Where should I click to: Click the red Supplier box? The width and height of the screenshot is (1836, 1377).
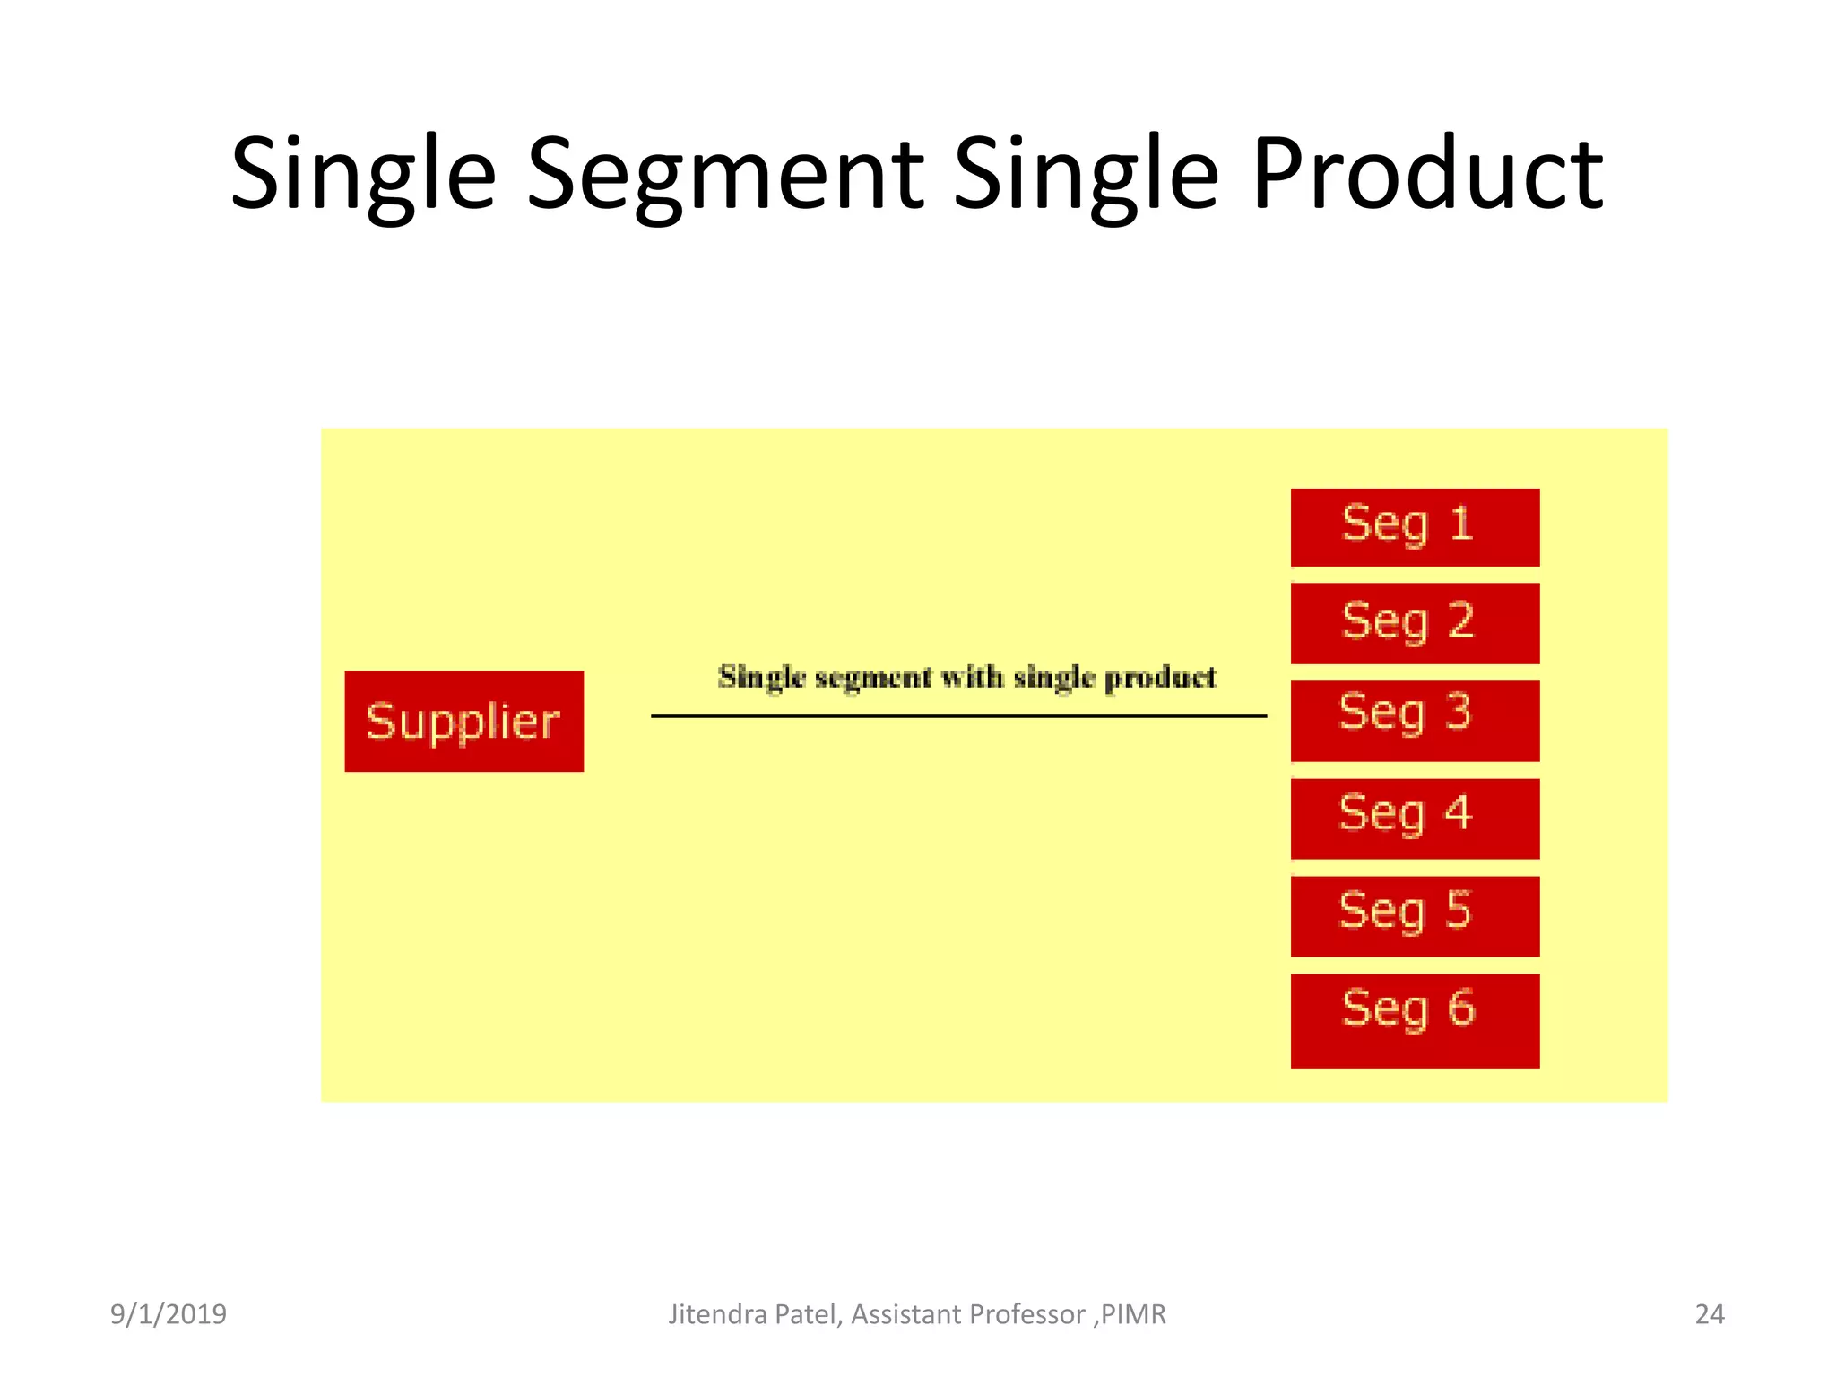[x=463, y=721]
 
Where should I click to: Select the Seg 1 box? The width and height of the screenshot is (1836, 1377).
[x=1414, y=527]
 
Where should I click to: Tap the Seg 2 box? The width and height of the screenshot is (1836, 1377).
[x=1414, y=623]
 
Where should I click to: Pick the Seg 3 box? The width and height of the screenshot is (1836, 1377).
[x=1414, y=720]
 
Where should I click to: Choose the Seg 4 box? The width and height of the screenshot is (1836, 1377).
[x=1414, y=818]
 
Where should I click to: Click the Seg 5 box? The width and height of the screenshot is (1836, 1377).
[x=1414, y=915]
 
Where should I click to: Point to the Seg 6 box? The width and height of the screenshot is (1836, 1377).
[x=1414, y=1020]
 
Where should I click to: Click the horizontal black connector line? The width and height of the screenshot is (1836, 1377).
[x=957, y=716]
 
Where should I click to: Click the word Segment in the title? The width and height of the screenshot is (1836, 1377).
[x=724, y=174]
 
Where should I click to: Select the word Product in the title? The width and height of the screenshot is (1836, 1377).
[x=1426, y=174]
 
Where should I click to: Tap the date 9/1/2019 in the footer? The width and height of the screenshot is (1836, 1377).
[x=169, y=1314]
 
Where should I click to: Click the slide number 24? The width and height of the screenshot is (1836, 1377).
[x=1709, y=1314]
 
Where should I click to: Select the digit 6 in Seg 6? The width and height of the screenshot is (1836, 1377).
[x=1460, y=1008]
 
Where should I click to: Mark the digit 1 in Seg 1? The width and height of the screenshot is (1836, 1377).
[x=1460, y=524]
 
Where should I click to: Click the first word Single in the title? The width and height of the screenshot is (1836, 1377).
[x=363, y=174]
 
